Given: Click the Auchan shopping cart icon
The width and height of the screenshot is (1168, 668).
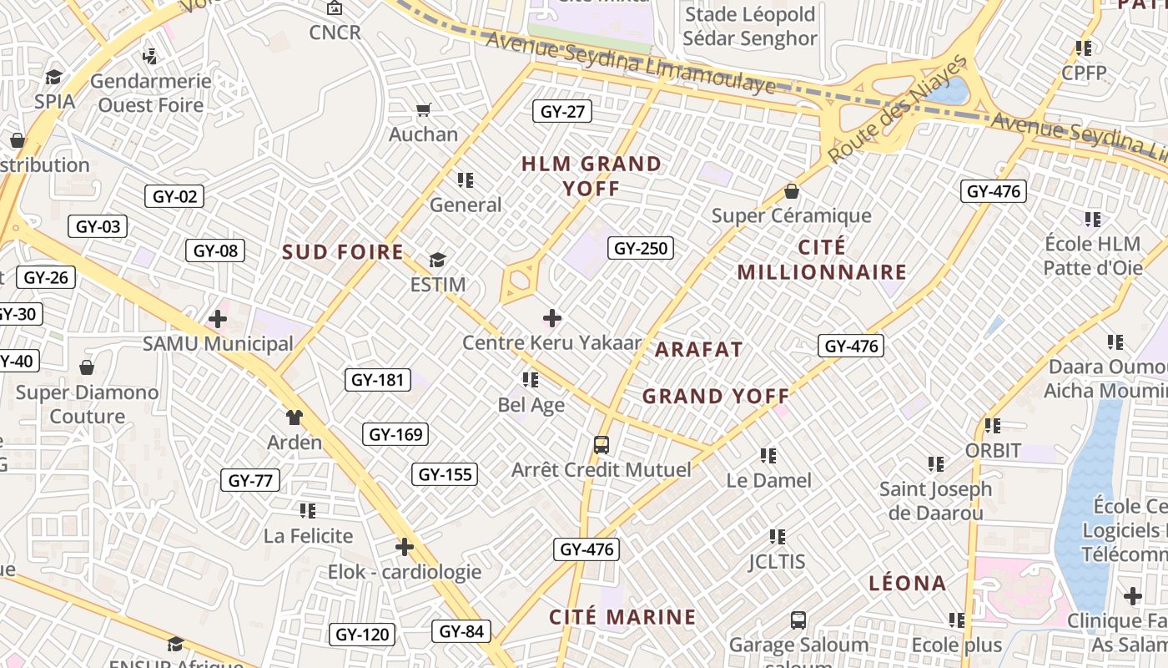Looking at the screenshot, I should pos(423,109).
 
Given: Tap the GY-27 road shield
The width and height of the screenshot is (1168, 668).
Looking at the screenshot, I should pos(563,111).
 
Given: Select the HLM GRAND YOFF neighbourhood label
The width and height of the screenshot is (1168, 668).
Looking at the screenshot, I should pos(592,175).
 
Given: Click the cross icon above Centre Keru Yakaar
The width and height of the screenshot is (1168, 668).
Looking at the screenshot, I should pos(552,318).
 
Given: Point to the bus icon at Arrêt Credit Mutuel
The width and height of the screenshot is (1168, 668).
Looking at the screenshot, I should pos(602,445).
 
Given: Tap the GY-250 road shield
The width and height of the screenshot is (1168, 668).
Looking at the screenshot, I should pos(642,248).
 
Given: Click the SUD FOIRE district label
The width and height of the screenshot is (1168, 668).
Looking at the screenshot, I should pos(342,252).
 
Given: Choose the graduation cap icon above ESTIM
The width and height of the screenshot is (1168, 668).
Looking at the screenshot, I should pos(438,261).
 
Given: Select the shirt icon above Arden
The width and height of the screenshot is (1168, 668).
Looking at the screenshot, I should pos(294,417).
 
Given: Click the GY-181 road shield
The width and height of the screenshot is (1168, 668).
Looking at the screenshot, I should pos(377,380).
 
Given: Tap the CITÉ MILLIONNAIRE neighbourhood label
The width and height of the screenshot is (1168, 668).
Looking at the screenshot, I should pos(822,260).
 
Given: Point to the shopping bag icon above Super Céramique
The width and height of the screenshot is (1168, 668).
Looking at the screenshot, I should pos(792,191).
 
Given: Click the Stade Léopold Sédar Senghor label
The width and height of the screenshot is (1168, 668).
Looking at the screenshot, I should pos(749,27).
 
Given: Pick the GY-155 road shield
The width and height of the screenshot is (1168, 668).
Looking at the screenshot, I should pos(446,474).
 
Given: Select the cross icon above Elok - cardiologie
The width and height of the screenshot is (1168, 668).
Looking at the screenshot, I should pos(405,547).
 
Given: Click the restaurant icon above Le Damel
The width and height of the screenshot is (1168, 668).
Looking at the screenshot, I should pos(768,456).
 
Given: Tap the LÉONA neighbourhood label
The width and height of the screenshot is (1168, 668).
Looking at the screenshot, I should pos(908,583).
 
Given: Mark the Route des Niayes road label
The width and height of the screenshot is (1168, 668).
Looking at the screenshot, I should pos(898,109).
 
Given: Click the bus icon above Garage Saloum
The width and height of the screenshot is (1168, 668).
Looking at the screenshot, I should pos(798,620).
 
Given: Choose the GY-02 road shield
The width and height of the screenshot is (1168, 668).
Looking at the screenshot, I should pos(174,196).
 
